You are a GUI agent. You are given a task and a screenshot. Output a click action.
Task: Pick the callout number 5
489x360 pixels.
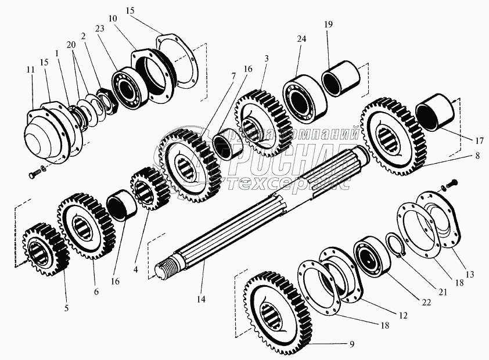(x=66, y=308)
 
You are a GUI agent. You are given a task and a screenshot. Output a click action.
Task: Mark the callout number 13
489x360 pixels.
(x=469, y=273)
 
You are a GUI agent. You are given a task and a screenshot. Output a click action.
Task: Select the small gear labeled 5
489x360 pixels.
(x=42, y=250)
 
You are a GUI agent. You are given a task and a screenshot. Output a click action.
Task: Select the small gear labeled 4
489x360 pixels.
(x=149, y=187)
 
